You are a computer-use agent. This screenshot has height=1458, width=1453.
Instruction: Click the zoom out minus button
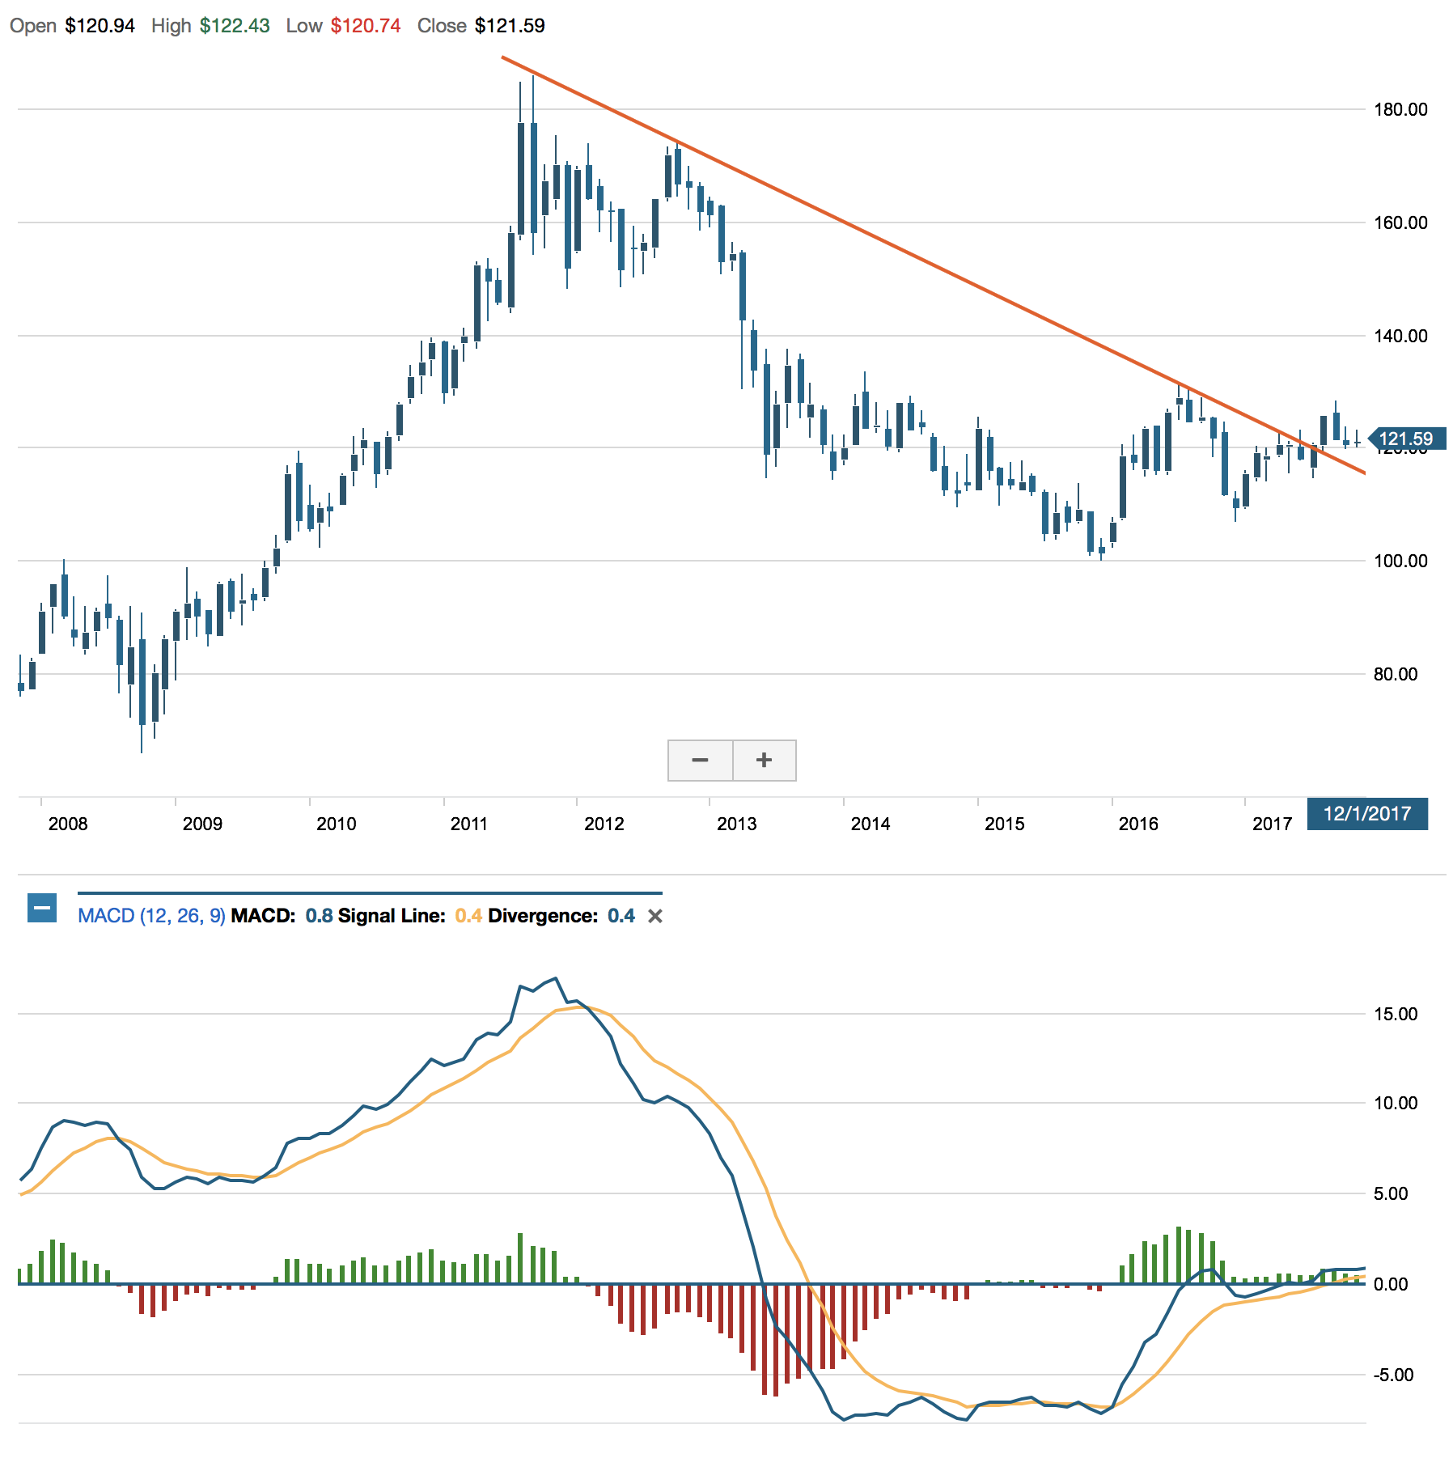(701, 760)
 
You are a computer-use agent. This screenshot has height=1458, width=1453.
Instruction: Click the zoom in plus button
(765, 760)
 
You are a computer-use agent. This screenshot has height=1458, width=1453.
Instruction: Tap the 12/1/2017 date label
(1367, 813)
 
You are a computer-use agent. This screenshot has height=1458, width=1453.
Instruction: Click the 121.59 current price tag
(1406, 439)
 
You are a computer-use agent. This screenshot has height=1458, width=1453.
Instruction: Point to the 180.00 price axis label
(1400, 109)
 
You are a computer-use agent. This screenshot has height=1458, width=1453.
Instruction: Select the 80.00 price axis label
(1396, 674)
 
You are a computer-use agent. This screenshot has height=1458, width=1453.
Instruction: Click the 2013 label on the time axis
(737, 824)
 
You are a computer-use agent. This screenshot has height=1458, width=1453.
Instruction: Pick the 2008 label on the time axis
(68, 824)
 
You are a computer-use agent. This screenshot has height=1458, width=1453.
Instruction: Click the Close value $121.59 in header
(510, 26)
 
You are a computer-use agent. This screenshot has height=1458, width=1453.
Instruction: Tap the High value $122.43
(235, 26)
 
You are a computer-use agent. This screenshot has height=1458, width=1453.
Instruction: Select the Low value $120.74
(366, 26)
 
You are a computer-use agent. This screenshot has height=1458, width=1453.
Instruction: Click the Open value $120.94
(100, 26)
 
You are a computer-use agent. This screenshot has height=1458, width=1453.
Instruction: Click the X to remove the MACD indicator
(655, 916)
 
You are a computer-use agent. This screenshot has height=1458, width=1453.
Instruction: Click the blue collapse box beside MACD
(42, 908)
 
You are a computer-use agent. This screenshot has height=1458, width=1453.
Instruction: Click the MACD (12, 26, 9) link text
(151, 916)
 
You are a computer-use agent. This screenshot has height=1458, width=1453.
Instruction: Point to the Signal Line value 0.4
(468, 916)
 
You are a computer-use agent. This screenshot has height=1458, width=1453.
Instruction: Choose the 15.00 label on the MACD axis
(1396, 1014)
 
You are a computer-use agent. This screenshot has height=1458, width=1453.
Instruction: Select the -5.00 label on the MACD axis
(1393, 1375)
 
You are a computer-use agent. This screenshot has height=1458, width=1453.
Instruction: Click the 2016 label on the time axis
(1138, 824)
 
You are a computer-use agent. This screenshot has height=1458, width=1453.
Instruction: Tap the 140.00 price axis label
(1400, 336)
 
